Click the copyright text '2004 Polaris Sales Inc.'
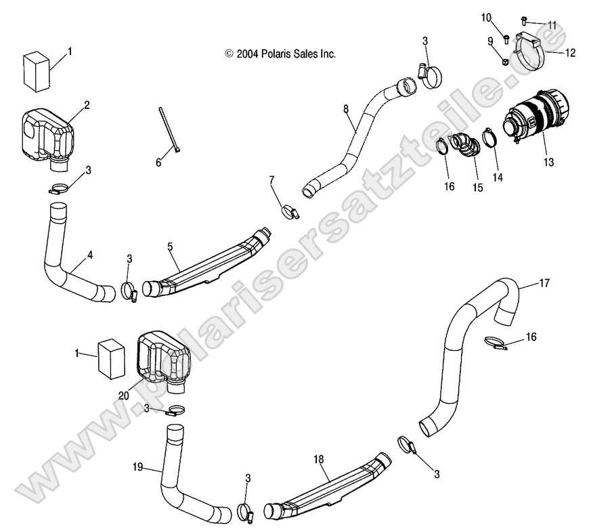tap(280, 54)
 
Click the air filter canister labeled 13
tap(538, 119)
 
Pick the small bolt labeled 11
tap(524, 20)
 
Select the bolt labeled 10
tap(506, 34)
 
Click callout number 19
tap(137, 467)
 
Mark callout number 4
tap(90, 256)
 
